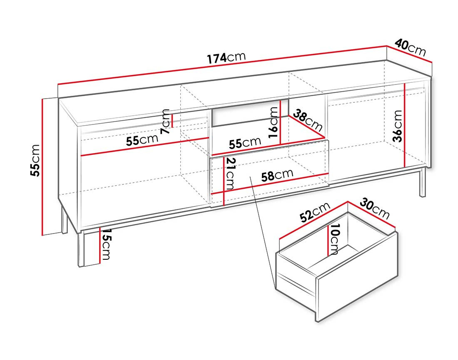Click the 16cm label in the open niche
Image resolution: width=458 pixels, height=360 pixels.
[273, 122]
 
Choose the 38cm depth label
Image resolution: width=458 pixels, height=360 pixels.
[308, 120]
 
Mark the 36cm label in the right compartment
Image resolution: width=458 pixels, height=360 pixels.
[398, 126]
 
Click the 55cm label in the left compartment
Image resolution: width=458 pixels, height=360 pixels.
[142, 140]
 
